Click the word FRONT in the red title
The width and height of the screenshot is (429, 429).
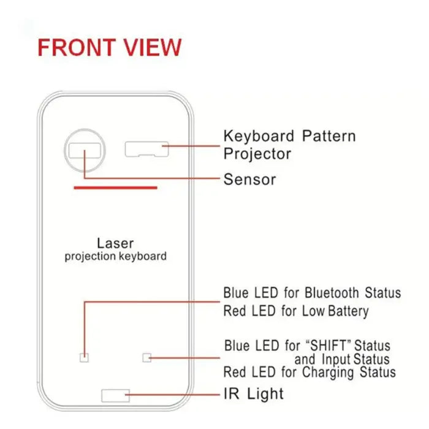[x=74, y=47]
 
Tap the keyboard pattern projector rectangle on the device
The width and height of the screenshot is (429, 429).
[x=146, y=148]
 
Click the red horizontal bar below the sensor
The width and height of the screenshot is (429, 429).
[x=116, y=188]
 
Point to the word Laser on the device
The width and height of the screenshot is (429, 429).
[x=115, y=243]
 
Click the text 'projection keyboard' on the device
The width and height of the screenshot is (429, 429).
[x=115, y=256]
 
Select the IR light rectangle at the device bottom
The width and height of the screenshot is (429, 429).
[x=116, y=395]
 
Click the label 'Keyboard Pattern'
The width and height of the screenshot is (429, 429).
[x=289, y=136]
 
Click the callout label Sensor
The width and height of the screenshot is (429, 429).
[x=249, y=180]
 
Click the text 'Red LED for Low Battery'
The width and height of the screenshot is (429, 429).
[x=295, y=311]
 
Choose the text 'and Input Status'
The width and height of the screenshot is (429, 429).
[x=341, y=359]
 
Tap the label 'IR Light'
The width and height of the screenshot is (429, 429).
[x=253, y=393]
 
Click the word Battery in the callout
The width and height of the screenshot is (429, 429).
[x=348, y=311]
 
